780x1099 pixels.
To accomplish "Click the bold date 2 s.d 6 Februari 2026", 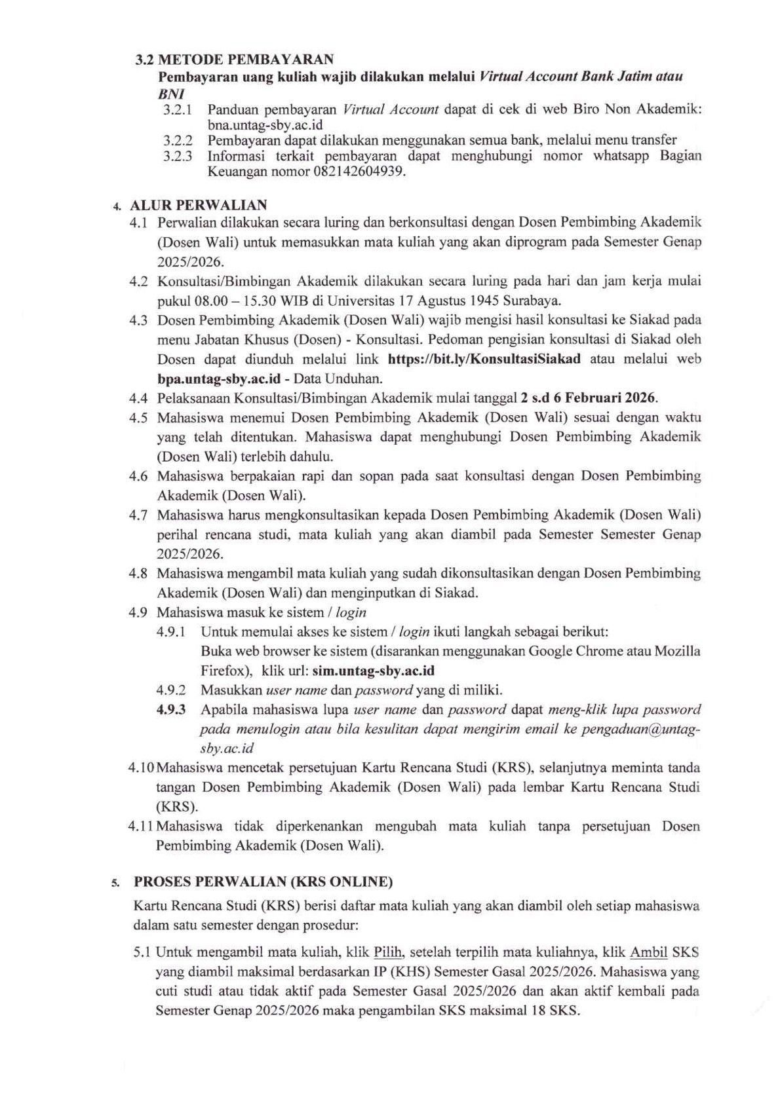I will tap(588, 398).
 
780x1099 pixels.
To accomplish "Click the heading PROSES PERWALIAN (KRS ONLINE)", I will tap(263, 882).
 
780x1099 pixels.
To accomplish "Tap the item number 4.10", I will tap(142, 767).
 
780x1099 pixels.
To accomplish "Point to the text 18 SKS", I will tap(554, 1011).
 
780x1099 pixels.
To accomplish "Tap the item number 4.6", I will tap(138, 475).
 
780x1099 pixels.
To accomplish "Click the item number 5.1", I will tap(142, 952).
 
